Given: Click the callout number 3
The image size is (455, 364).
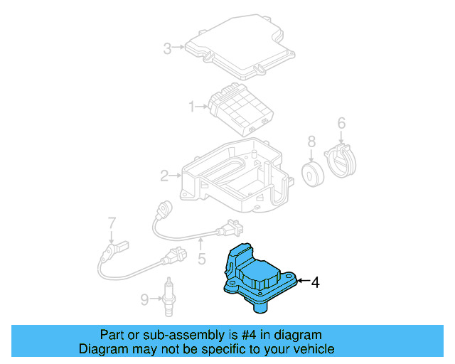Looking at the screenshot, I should point(167,48).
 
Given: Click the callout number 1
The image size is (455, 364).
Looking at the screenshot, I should point(191,107).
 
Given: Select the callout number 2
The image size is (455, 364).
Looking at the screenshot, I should point(164,175).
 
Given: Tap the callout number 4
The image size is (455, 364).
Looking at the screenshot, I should point(316,282).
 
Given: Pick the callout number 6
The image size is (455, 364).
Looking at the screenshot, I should point(341,124).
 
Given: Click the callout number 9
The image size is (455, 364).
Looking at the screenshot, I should point(144,300).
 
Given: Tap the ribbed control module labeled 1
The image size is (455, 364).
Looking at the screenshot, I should point(242,107).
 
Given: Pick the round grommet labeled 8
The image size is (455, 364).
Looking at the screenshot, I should point(311,175).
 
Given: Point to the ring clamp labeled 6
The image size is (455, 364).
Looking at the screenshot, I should point(343,161).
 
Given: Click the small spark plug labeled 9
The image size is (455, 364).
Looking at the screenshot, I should point(168,294).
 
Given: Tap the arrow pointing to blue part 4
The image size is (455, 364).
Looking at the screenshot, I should point(302,282).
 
